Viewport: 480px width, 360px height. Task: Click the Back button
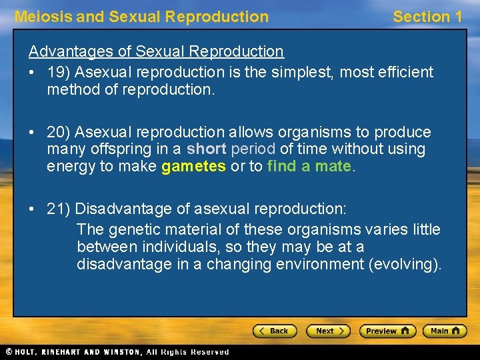coord(274,331)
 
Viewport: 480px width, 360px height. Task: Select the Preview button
coord(387,331)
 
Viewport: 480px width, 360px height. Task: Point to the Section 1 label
coord(427,17)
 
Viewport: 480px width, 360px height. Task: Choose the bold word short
coord(207,149)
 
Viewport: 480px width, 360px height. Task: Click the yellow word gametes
coord(193,167)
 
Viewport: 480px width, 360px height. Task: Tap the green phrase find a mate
coord(308,167)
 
